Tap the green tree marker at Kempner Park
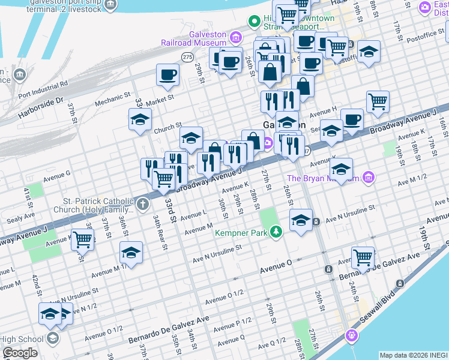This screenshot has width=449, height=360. pos(276,231)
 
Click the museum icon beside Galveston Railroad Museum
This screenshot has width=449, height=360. pos(236,40)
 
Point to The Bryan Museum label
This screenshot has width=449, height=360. pos(323,178)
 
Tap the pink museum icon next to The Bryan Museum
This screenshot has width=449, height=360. pos(369,177)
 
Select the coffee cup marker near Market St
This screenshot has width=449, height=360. pos(167,74)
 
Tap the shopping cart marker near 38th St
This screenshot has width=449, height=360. pos(83,240)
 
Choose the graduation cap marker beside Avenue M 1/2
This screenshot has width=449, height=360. pos(131,253)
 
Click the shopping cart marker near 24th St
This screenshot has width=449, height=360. pos(363,257)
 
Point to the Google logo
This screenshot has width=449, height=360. pos(20,353)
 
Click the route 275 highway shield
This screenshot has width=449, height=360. pos(187,56)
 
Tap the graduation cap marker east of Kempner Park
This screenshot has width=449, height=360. pos(301,220)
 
